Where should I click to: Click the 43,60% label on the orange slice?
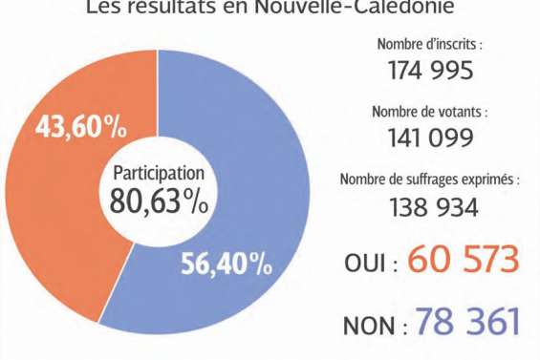[82, 128]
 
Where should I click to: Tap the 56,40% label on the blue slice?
[227, 262]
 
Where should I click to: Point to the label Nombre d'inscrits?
[430, 44]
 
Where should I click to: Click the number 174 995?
[430, 71]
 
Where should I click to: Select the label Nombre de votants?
[429, 112]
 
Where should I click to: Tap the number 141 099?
[430, 138]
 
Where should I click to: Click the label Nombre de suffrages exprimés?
[430, 180]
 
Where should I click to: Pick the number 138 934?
[430, 206]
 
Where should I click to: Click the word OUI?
[364, 263]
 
